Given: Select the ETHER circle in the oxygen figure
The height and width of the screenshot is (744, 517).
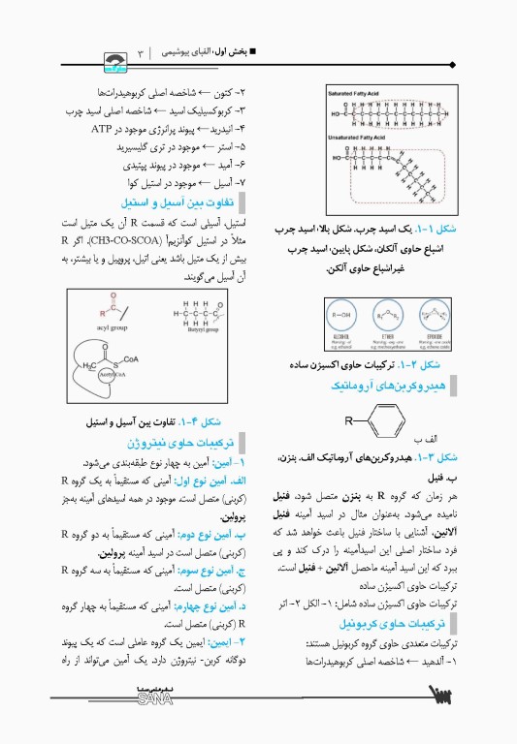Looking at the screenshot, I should pyautogui.click(x=385, y=317).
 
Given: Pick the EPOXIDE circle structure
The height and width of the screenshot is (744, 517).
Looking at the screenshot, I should pyautogui.click(x=428, y=317).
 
